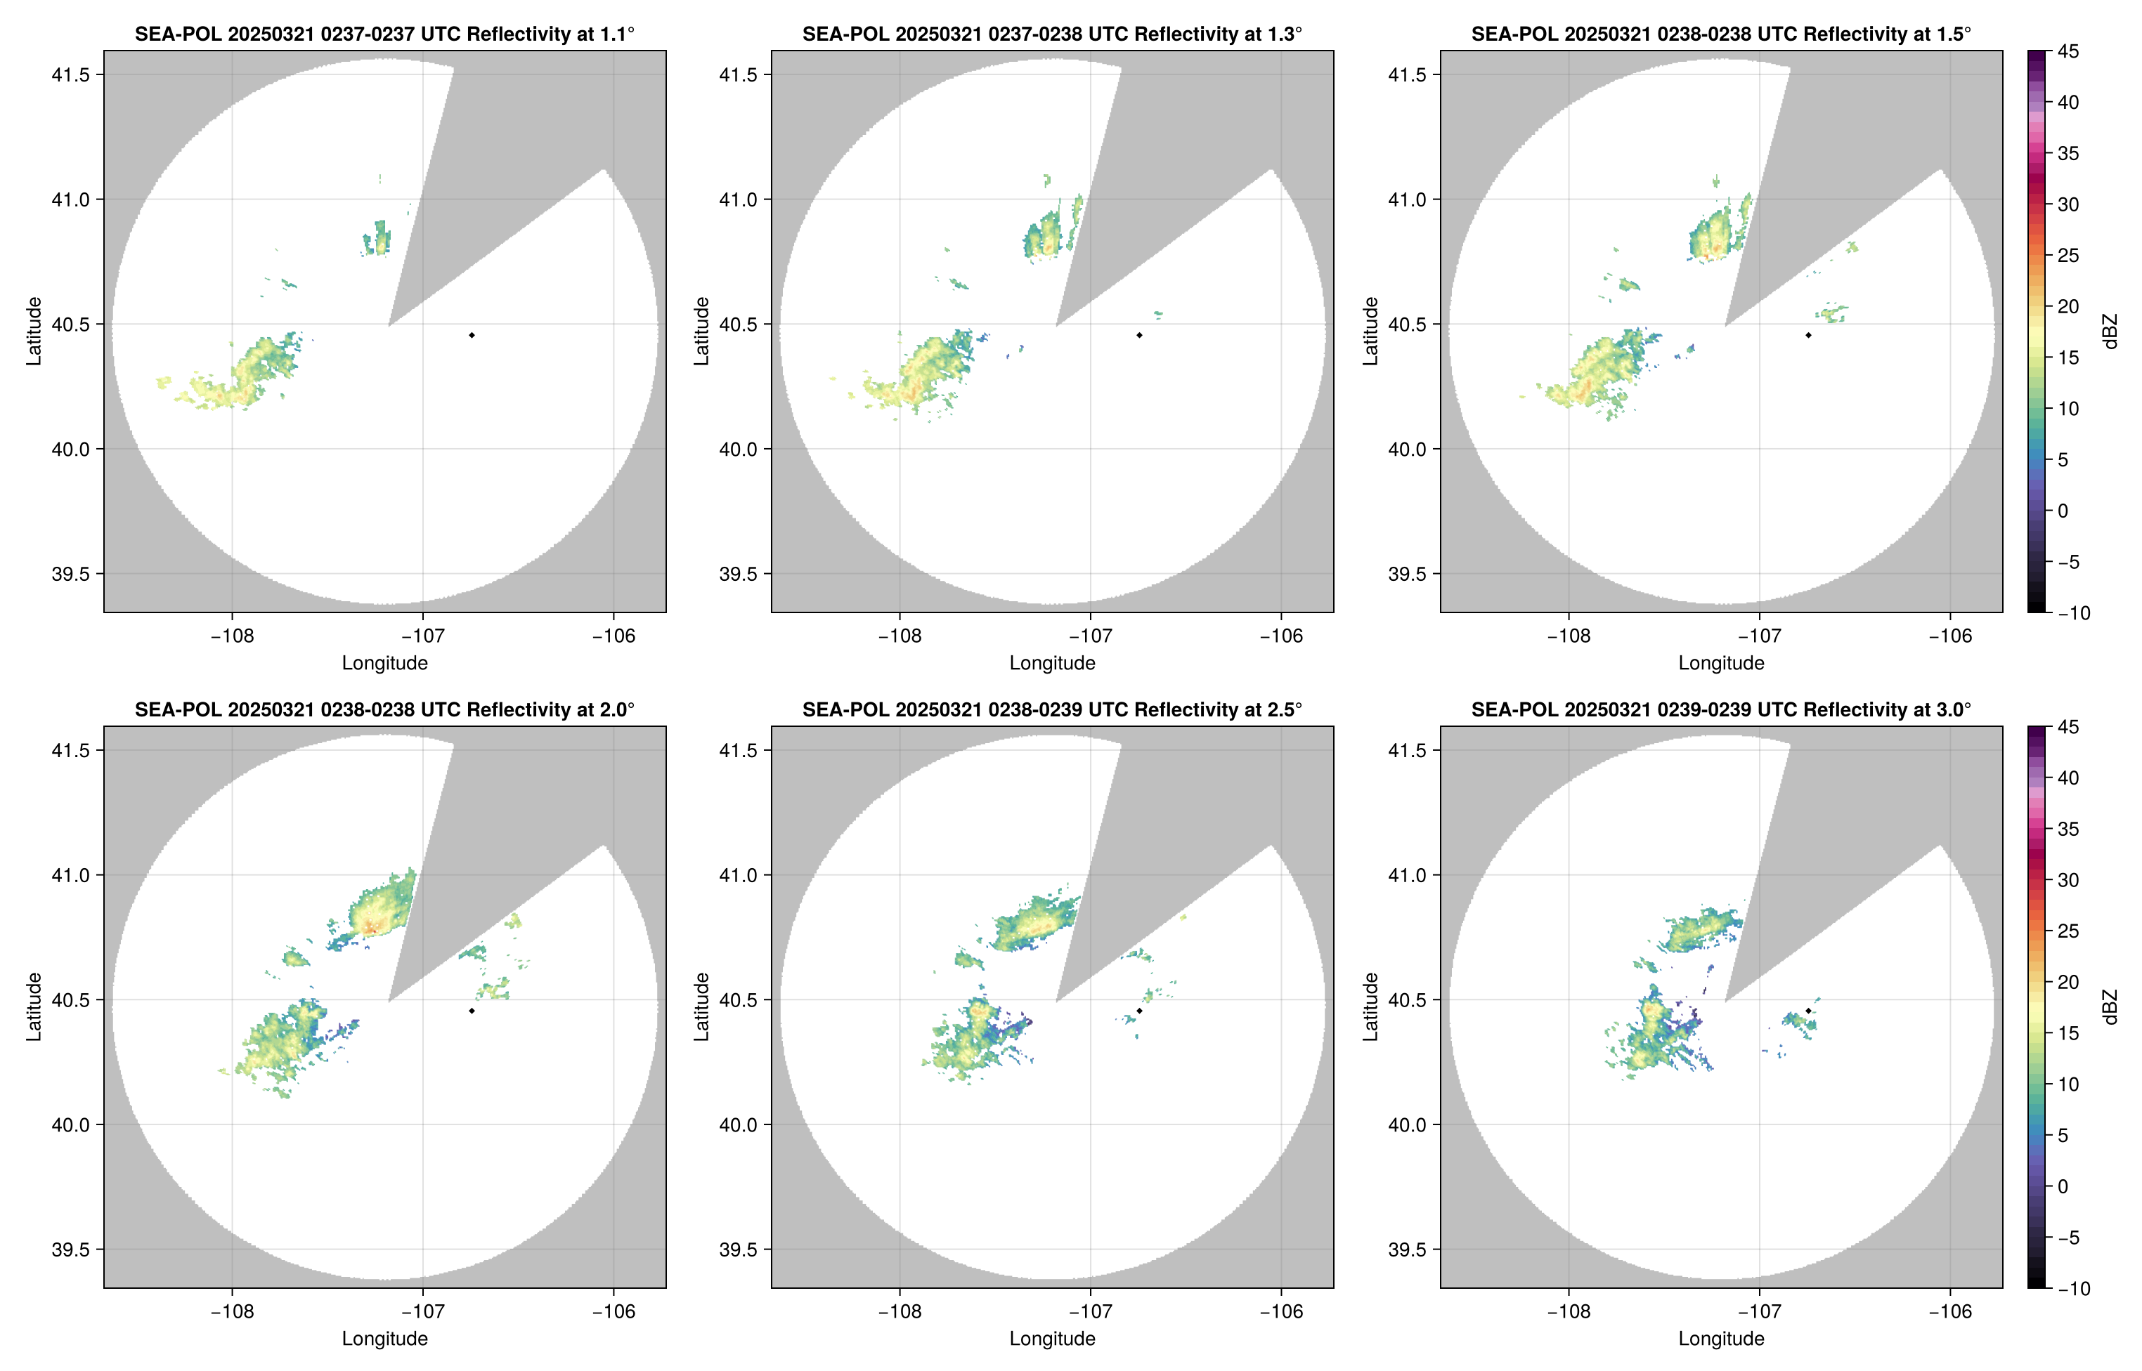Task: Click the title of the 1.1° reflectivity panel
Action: coord(384,34)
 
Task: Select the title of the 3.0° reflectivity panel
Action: coord(1721,709)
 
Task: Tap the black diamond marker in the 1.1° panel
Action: coord(471,335)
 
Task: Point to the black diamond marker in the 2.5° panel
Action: coord(1139,1011)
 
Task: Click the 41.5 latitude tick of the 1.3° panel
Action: coord(739,74)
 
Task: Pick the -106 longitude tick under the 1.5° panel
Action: coord(1949,636)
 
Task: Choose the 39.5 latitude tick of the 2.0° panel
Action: coord(70,1249)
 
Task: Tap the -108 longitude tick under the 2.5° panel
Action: coord(900,1311)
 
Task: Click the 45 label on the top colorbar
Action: coord(2068,52)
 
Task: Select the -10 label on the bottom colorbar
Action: coord(2073,1288)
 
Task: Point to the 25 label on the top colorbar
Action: coord(2068,256)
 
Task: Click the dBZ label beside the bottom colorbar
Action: coord(2109,1007)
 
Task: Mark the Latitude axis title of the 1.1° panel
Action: coord(34,332)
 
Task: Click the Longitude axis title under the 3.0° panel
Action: coord(1721,1338)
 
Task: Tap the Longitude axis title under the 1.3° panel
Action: coord(1052,662)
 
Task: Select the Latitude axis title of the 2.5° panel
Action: coord(702,1007)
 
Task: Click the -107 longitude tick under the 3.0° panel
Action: coord(1759,1311)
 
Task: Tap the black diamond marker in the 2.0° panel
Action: coord(471,1011)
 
